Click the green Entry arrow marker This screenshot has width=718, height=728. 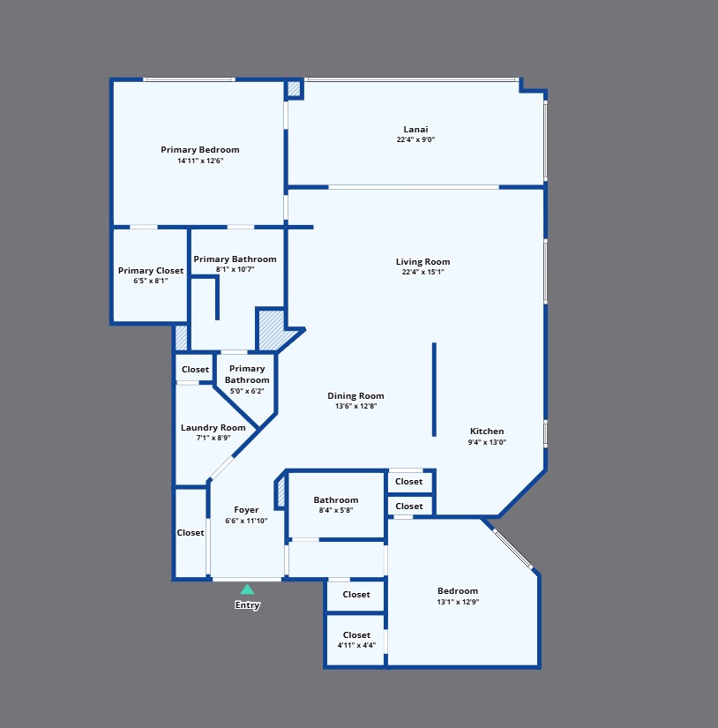pyautogui.click(x=247, y=589)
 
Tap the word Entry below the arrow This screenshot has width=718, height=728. pyautogui.click(x=247, y=605)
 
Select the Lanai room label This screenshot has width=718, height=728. pyautogui.click(x=415, y=129)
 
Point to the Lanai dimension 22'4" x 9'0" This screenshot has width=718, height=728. pyautogui.click(x=415, y=139)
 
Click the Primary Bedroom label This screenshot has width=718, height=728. pyautogui.click(x=200, y=149)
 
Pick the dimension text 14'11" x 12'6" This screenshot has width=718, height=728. pyautogui.click(x=200, y=161)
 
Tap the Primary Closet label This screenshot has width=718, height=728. pyautogui.click(x=150, y=270)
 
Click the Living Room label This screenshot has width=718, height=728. pyautogui.click(x=423, y=261)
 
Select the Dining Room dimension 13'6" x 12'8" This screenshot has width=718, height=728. pyautogui.click(x=356, y=406)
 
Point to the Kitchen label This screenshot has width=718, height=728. pyautogui.click(x=487, y=431)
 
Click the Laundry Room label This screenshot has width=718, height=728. pyautogui.click(x=213, y=428)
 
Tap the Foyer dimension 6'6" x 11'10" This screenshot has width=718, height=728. pyautogui.click(x=246, y=521)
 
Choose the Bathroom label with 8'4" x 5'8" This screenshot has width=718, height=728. pyautogui.click(x=336, y=500)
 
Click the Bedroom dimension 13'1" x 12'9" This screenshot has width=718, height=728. pyautogui.click(x=458, y=602)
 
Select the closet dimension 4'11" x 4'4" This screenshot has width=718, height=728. pyautogui.click(x=356, y=645)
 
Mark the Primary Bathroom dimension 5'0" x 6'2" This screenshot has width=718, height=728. pyautogui.click(x=247, y=391)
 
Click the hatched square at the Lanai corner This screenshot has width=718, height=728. pyautogui.click(x=294, y=88)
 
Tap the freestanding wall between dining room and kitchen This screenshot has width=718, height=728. pyautogui.click(x=434, y=389)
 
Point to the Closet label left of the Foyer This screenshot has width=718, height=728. pyautogui.click(x=191, y=532)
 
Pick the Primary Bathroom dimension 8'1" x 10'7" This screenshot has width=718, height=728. pyautogui.click(x=235, y=269)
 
